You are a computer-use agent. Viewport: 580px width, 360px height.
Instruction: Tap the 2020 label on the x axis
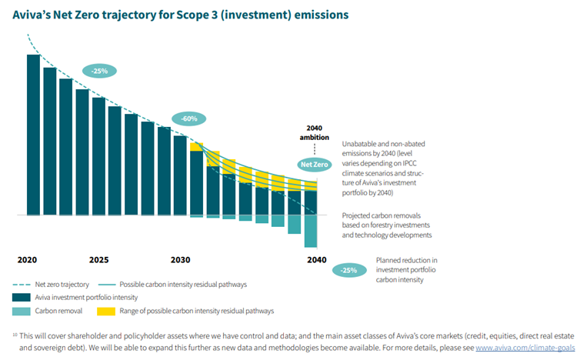coord(28,259)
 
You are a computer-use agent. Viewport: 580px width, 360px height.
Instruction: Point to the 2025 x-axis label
coord(98,259)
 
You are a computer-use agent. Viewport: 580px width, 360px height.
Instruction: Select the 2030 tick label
coord(181,259)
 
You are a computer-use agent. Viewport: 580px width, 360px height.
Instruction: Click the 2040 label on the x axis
coord(315,259)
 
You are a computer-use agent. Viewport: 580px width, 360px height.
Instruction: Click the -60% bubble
coord(189,119)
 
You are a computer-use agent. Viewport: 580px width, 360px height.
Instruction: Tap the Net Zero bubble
coord(314,165)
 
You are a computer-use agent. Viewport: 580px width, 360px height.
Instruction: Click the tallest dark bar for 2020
coord(33,135)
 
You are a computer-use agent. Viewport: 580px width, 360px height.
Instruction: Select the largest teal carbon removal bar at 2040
coord(312,232)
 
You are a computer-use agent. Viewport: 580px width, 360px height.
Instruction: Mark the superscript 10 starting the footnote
coord(15,334)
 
